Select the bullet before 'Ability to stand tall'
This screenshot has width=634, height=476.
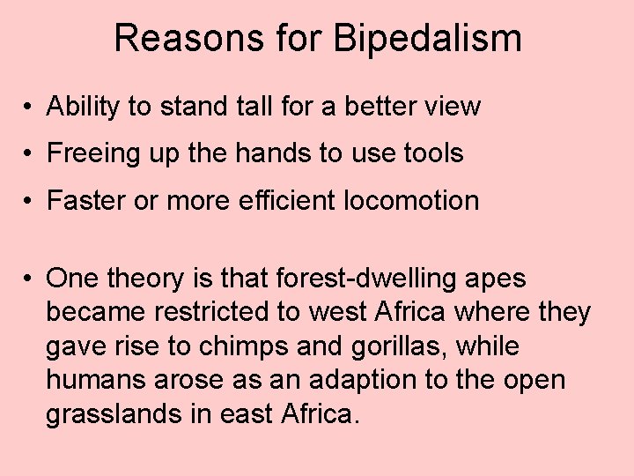(29, 107)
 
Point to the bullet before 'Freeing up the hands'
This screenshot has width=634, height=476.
(29, 153)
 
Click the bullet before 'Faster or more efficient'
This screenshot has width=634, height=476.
(29, 201)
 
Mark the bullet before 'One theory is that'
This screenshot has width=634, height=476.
(29, 279)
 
